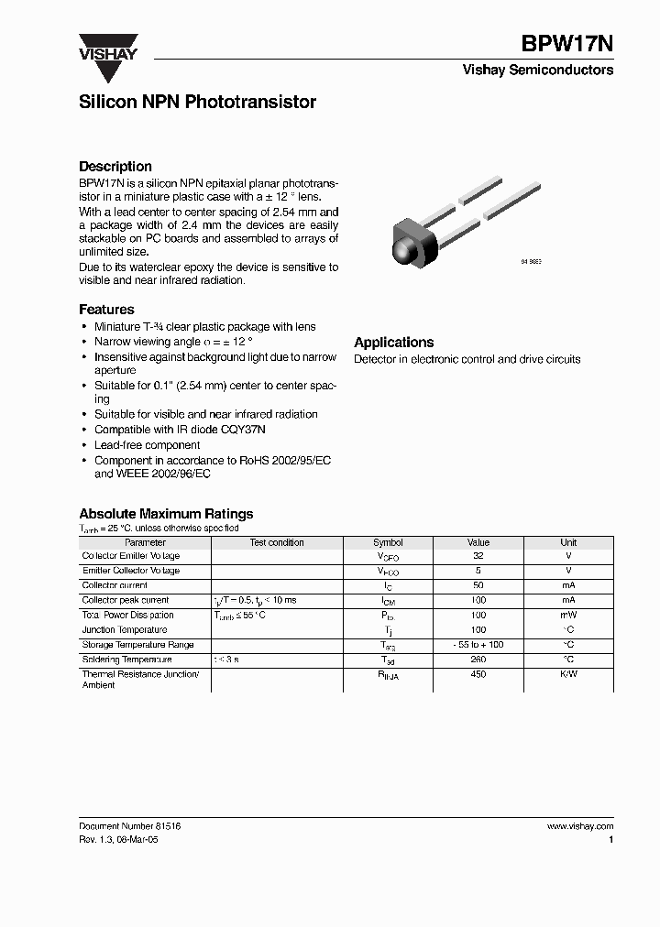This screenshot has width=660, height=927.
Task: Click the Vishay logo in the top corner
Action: click(x=108, y=47)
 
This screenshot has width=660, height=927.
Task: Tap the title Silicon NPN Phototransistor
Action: click(x=197, y=103)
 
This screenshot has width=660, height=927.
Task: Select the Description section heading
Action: click(x=115, y=167)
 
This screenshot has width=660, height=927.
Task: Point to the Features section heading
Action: click(x=106, y=310)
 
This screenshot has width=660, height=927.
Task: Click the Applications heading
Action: click(x=393, y=343)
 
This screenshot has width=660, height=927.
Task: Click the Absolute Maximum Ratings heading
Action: click(x=166, y=514)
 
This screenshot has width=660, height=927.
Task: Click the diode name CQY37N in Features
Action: click(x=247, y=430)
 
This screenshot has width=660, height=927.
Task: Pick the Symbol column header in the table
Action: click(x=388, y=542)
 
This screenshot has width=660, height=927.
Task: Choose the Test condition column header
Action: click(x=277, y=542)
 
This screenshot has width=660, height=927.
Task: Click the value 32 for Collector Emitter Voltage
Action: click(x=478, y=556)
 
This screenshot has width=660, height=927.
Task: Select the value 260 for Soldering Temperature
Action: click(x=478, y=660)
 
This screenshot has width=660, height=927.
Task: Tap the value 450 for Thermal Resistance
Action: click(x=478, y=675)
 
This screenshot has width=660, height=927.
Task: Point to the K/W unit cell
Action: click(x=568, y=675)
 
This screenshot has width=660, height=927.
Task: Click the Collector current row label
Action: click(x=115, y=585)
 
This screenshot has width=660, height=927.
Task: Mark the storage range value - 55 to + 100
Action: click(x=478, y=645)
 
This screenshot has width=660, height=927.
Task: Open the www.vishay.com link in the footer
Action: click(x=579, y=826)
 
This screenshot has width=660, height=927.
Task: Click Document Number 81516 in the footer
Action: click(x=130, y=826)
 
